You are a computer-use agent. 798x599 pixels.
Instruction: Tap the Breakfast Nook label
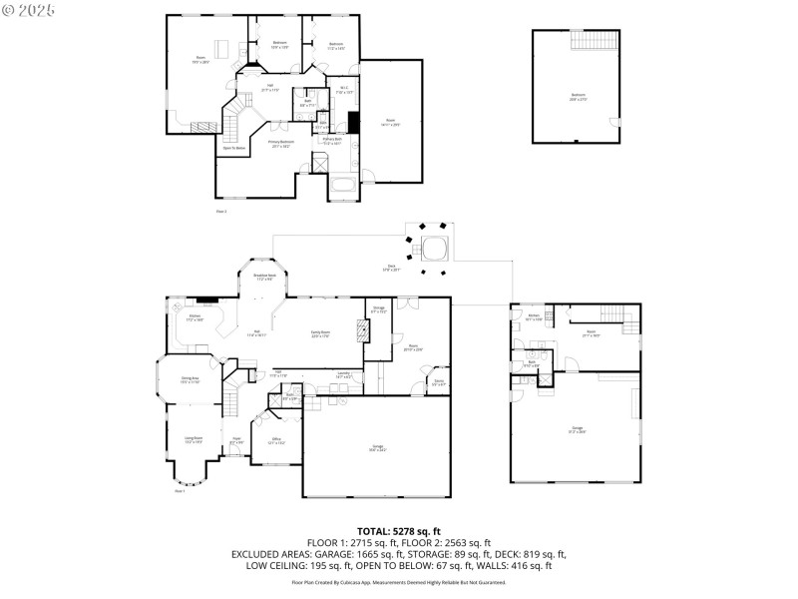264,277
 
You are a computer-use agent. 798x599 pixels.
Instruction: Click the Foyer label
236,439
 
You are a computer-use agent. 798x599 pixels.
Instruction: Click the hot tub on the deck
434,247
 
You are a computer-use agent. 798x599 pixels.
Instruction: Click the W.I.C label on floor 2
341,92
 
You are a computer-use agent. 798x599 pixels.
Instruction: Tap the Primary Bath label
331,140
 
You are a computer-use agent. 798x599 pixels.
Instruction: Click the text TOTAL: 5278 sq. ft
399,530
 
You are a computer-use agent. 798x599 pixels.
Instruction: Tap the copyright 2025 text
30,9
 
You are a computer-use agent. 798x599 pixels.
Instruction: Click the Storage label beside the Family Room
378,311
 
